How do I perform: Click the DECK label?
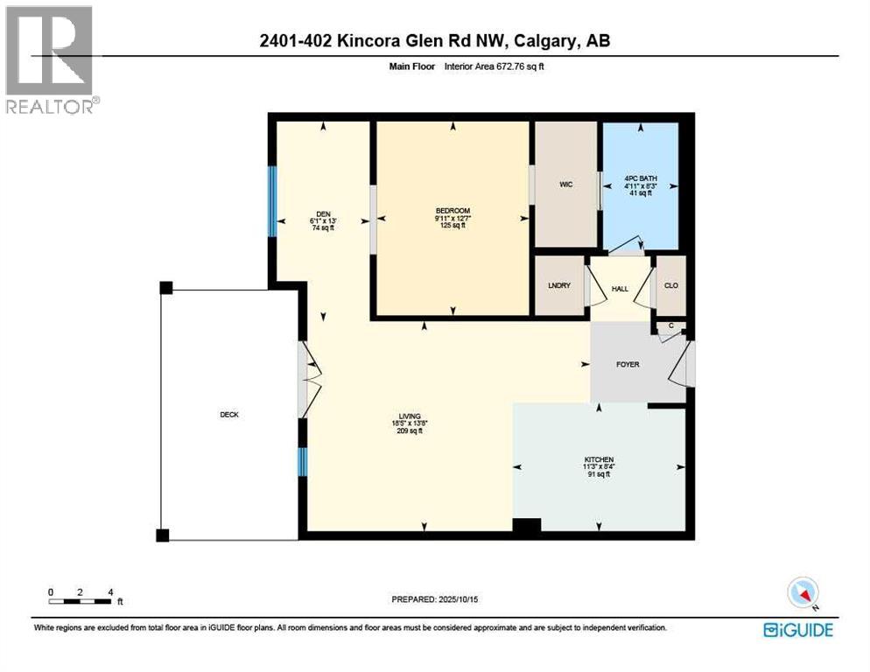[229, 415]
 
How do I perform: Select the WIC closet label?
[565, 185]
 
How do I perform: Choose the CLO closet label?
[670, 285]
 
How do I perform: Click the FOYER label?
[628, 364]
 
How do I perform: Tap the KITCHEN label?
[599, 460]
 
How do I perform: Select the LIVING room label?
[409, 416]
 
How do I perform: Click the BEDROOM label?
[453, 211]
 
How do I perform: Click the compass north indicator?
[803, 593]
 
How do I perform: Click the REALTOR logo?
[51, 59]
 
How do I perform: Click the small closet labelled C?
[670, 327]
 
